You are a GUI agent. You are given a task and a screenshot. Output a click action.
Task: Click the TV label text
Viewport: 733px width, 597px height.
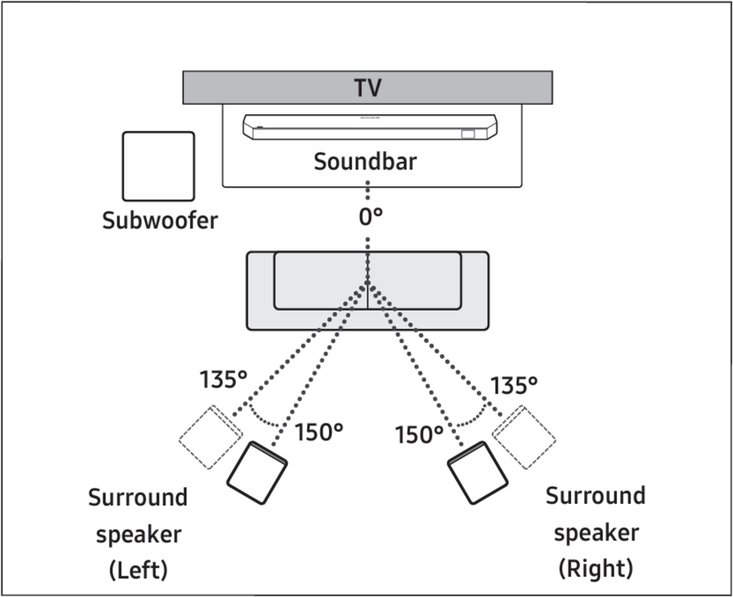367,88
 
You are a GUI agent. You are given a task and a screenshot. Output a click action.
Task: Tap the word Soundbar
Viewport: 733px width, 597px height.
365,161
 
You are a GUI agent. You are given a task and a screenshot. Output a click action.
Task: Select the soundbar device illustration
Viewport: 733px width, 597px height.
371,127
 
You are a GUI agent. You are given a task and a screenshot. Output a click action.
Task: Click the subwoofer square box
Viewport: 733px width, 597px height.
158,166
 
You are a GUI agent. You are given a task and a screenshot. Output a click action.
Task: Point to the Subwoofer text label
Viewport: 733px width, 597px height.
160,220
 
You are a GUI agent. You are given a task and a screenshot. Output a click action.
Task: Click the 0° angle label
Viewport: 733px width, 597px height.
371,218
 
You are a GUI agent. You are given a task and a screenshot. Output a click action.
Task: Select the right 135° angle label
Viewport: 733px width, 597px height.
514,385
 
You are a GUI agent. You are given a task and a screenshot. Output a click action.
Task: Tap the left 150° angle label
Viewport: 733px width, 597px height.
319,433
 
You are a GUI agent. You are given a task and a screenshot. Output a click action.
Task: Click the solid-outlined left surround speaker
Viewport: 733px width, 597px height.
257,472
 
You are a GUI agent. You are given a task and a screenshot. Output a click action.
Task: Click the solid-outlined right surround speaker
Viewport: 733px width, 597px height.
478,472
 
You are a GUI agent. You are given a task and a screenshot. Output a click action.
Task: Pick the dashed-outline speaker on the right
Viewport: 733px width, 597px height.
525,438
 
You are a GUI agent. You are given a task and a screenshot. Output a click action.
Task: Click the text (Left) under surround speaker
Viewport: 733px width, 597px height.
138,569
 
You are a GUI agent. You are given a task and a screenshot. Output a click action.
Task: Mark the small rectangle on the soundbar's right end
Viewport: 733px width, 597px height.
468,134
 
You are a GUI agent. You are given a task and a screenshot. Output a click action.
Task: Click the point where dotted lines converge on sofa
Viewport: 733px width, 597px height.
367,284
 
